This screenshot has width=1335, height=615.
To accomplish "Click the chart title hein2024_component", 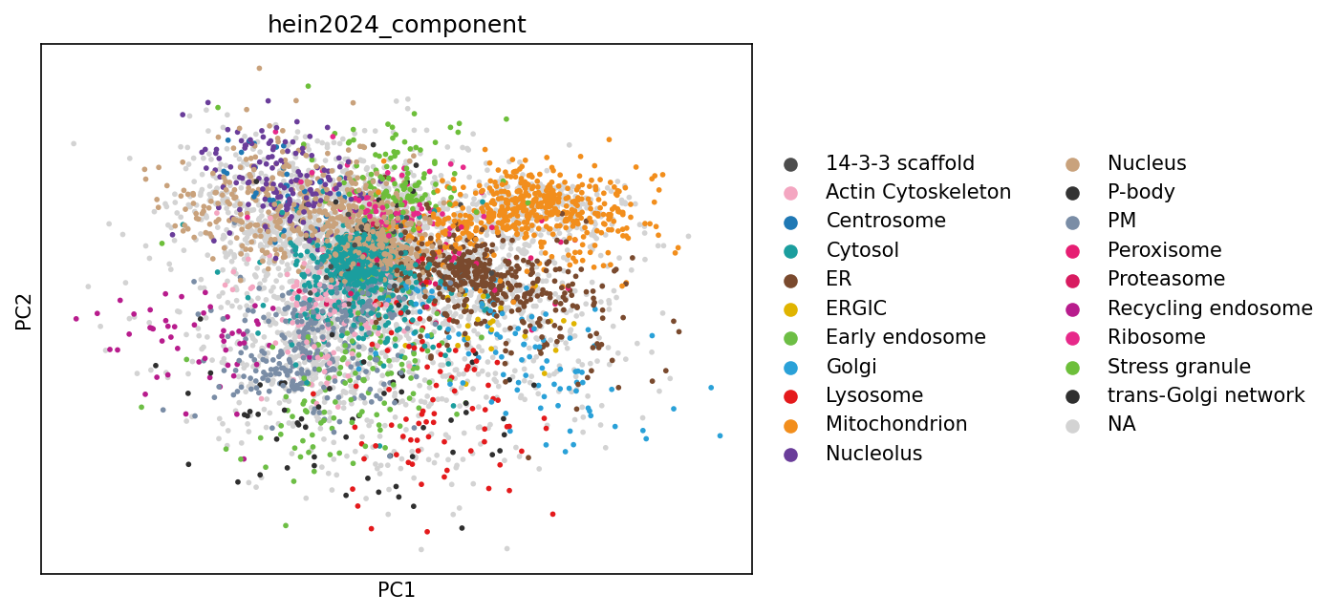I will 397,25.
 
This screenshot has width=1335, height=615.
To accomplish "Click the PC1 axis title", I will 397,590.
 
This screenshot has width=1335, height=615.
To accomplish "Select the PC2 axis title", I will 24,308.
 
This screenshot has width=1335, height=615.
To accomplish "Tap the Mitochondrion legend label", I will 896,424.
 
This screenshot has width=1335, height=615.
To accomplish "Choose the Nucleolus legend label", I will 873,454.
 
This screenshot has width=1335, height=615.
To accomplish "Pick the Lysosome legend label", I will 874,395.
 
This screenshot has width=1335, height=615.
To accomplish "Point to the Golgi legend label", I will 851,367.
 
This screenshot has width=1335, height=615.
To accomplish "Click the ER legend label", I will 838,279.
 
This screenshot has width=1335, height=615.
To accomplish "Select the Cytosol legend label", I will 862,250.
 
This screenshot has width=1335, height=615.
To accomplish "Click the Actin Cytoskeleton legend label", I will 917,192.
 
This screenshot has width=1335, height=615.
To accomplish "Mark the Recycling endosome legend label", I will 1210,308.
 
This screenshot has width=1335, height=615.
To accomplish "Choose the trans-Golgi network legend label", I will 1206,395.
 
